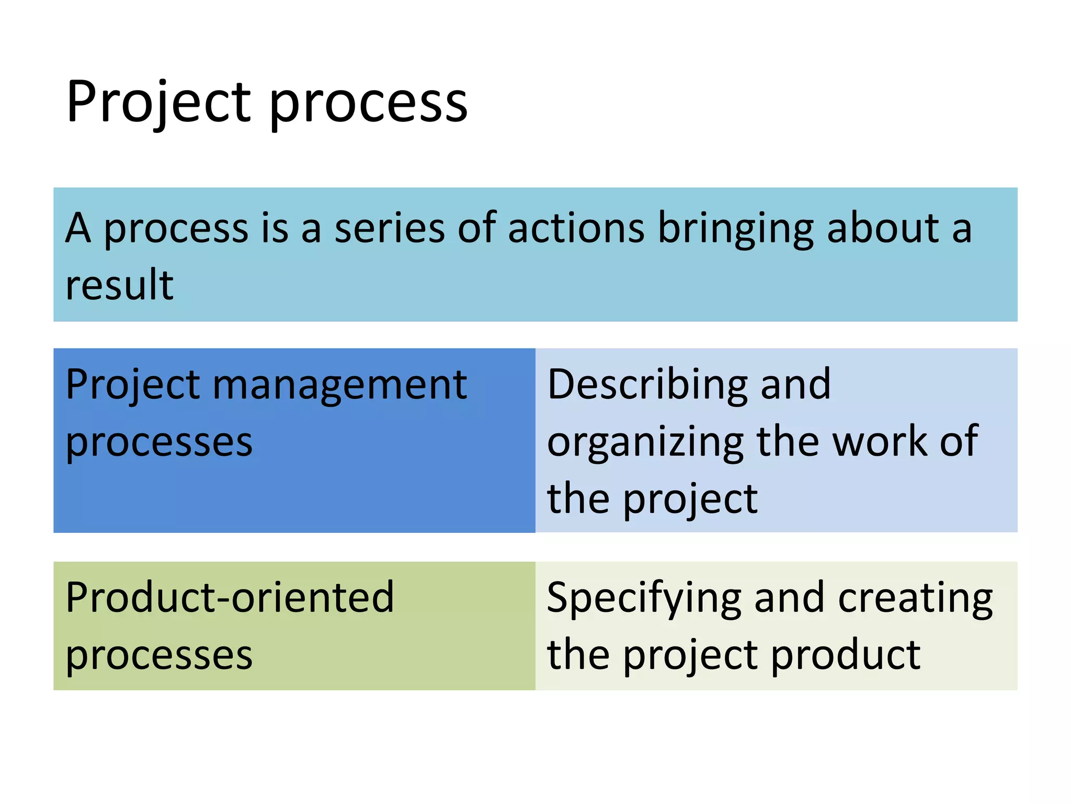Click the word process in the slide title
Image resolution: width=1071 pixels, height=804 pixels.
pos(368,105)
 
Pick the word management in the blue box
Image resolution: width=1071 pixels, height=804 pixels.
pos(339,386)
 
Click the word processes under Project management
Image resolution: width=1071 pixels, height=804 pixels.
pos(159,444)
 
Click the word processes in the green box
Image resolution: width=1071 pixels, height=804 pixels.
pos(159,656)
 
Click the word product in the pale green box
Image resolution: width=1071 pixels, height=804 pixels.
pos(846,656)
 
